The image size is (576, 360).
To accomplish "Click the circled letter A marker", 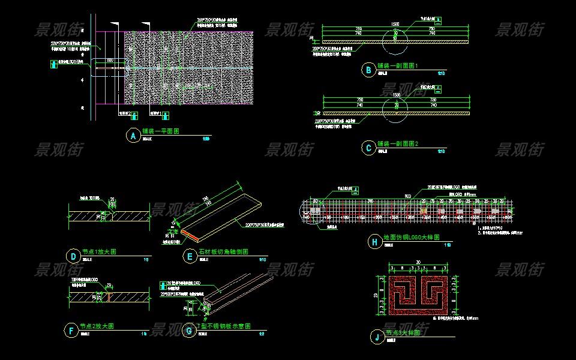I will click(133, 136).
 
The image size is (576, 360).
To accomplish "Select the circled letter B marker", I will click(368, 70).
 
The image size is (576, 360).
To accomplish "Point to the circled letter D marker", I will click(73, 257).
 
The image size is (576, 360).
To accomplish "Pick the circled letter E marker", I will click(190, 257).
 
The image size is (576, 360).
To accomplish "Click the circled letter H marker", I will click(375, 242).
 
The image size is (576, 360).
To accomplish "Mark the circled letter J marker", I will click(377, 337).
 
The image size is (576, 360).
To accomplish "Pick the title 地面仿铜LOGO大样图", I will click(415, 238).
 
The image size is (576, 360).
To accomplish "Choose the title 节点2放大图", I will click(98, 326).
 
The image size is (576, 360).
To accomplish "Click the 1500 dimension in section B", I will click(395, 24).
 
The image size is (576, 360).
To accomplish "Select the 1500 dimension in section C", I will click(396, 95).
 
